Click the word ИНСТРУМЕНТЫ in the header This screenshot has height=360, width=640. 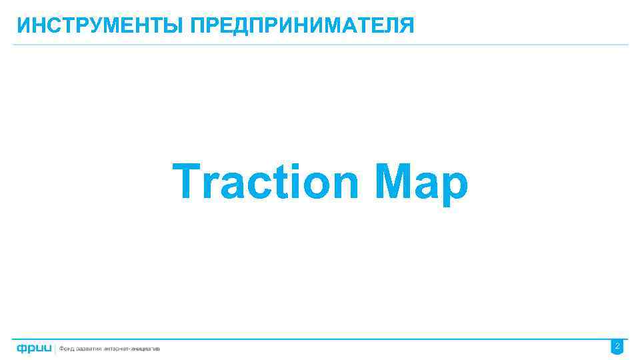pyautogui.click(x=101, y=26)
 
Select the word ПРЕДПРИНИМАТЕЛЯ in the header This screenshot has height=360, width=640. pyautogui.click(x=302, y=26)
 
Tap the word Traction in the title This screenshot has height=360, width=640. pyautogui.click(x=266, y=182)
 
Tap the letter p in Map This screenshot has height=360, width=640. pyautogui.click(x=454, y=187)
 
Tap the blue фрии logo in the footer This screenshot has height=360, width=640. pyautogui.click(x=34, y=348)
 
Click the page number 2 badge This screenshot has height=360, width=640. pyautogui.click(x=617, y=347)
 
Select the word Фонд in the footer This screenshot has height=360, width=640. pyautogui.click(x=68, y=349)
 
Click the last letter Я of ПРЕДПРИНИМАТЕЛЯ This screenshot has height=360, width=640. pyautogui.click(x=407, y=26)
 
